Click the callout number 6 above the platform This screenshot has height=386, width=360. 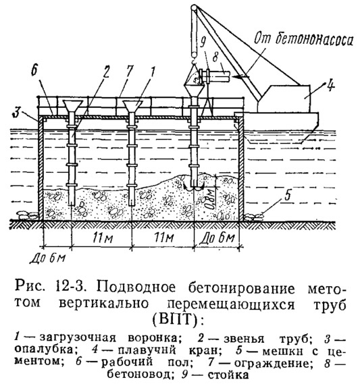(34, 70)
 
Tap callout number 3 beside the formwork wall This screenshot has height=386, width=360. (16, 112)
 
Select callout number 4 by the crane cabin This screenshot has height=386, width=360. (330, 86)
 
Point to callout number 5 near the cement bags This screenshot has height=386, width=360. (287, 195)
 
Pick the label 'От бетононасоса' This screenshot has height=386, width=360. (303, 39)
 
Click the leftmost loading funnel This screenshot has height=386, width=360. (73, 107)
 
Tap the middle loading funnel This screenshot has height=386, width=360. (133, 107)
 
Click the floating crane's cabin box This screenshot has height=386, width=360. (284, 99)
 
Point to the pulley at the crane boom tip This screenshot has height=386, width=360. (194, 7)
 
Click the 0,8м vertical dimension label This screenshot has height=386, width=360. (210, 199)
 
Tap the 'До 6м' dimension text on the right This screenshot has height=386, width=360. (217, 238)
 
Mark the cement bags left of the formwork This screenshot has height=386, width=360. (26, 215)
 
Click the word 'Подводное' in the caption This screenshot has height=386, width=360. (136, 287)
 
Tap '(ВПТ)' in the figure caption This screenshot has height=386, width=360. (178, 319)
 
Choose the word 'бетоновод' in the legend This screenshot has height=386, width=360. (138, 375)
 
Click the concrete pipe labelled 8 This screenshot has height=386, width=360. (217, 75)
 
